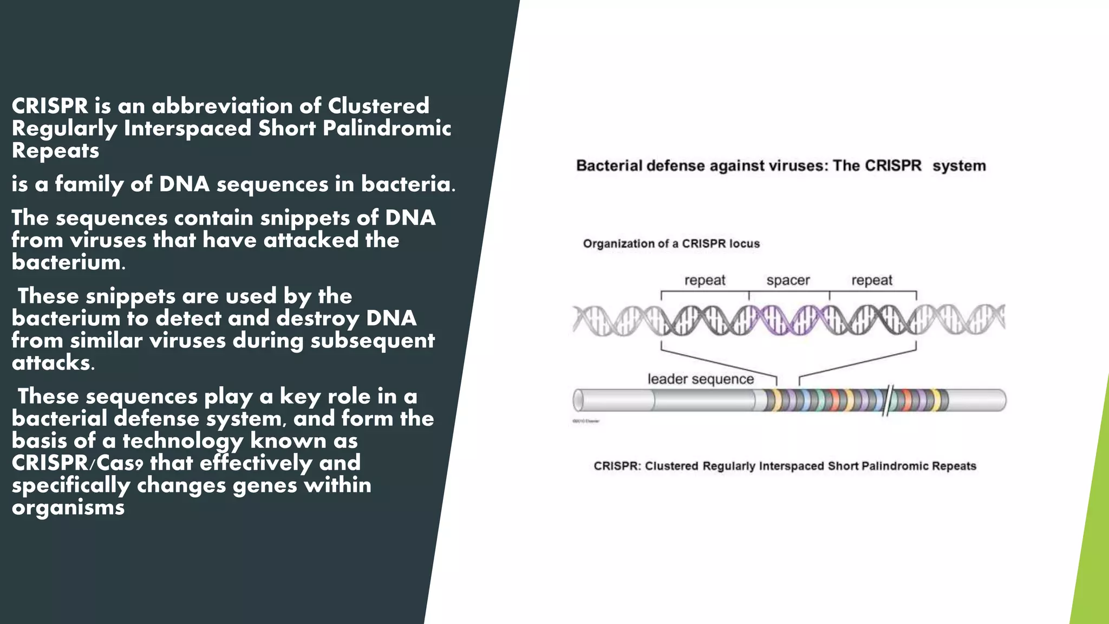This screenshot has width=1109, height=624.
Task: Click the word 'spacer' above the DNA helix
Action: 788,281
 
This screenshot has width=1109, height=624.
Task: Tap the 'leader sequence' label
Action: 701,379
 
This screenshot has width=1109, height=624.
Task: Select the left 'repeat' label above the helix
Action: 704,281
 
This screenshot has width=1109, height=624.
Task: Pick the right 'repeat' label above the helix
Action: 872,281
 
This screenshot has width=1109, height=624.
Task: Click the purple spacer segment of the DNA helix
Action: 790,319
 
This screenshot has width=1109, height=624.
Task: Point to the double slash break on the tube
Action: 888,400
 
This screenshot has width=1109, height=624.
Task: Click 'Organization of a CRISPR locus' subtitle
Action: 671,244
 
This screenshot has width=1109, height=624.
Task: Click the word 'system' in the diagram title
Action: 959,166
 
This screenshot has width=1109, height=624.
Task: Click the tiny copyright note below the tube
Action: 586,421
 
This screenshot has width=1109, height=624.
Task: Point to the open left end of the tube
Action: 578,401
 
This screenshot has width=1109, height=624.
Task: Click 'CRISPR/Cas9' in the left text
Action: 77,463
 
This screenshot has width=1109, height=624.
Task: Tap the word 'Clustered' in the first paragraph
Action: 379,106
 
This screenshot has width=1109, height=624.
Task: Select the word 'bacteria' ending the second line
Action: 406,184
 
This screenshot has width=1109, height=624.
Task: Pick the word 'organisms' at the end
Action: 68,508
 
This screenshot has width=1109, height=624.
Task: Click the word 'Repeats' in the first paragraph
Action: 55,150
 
